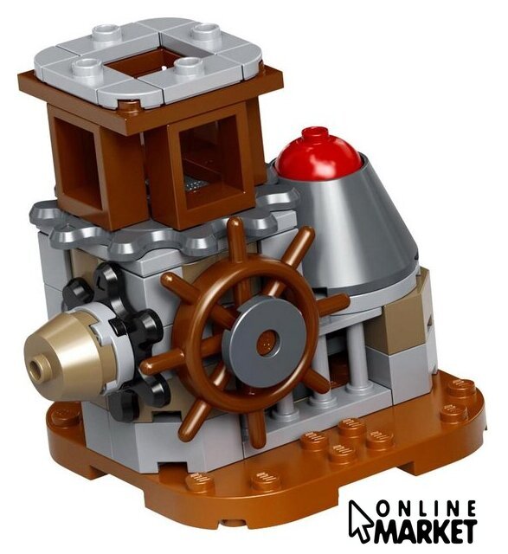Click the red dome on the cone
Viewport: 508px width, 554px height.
318,153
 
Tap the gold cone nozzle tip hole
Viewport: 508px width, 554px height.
35,366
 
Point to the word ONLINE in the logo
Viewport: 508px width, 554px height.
426,510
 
